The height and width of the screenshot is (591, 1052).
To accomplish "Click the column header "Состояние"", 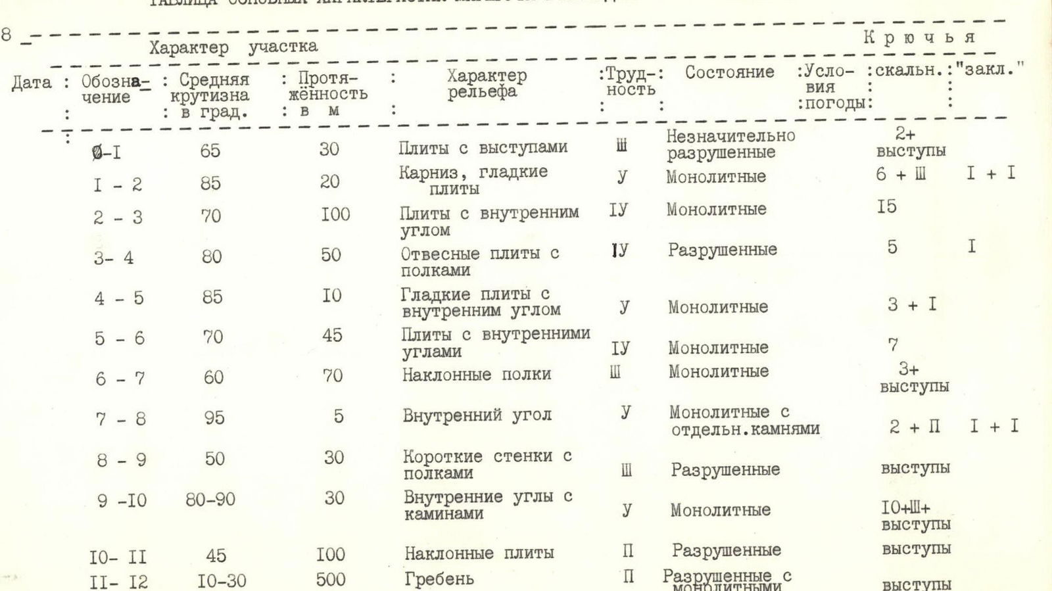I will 729,72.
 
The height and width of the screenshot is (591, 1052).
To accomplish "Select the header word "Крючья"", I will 919,37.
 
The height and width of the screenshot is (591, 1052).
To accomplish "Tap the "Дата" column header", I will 31,83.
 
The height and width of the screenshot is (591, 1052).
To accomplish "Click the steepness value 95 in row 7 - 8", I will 214,417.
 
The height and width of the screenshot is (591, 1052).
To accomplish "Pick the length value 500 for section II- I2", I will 330,580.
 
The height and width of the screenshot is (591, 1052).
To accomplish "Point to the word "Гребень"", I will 438,579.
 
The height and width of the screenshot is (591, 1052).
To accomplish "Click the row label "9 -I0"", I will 122,501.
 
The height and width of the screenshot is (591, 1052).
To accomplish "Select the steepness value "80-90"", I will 210,500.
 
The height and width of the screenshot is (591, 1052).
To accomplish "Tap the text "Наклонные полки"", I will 477,375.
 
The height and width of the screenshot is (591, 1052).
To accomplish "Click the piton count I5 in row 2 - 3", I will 886,207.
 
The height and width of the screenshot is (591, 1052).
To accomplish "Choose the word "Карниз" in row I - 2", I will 424,173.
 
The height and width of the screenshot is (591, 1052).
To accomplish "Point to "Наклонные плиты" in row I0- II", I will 479,554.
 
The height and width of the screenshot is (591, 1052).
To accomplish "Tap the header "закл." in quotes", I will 991,68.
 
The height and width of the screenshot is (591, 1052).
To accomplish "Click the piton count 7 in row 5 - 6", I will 893,344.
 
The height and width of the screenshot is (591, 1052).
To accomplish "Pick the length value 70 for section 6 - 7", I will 333,376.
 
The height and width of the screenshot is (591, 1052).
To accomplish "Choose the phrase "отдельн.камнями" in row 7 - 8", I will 745,429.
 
